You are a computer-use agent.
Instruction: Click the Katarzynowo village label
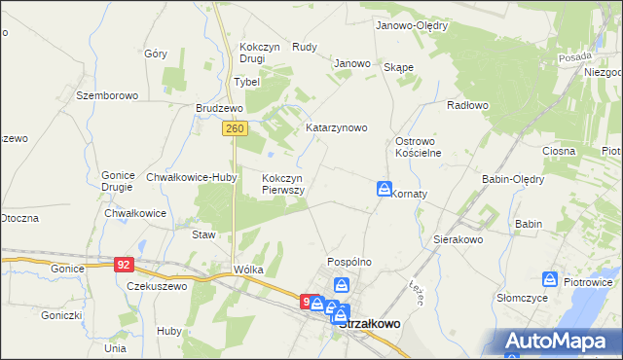coord(336,127)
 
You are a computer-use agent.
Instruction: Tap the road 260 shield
coord(234,128)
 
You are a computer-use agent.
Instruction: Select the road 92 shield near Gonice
coord(123,264)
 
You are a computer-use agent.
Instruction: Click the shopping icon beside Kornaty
coord(385,189)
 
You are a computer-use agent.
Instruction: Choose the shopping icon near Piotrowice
coord(551,280)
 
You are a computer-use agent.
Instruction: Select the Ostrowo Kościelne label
coord(419,147)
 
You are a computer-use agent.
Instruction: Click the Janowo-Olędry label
coord(411,26)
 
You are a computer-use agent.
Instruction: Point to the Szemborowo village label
coord(108,95)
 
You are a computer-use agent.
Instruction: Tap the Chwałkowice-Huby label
coord(192,177)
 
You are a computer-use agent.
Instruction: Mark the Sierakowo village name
coord(458,238)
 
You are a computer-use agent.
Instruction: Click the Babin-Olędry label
coord(513,179)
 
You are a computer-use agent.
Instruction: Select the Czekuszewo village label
coord(157,286)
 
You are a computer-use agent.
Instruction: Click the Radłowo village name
coord(467,104)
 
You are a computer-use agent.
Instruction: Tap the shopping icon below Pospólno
coord(342,286)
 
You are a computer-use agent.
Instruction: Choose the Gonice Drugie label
coord(118,182)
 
